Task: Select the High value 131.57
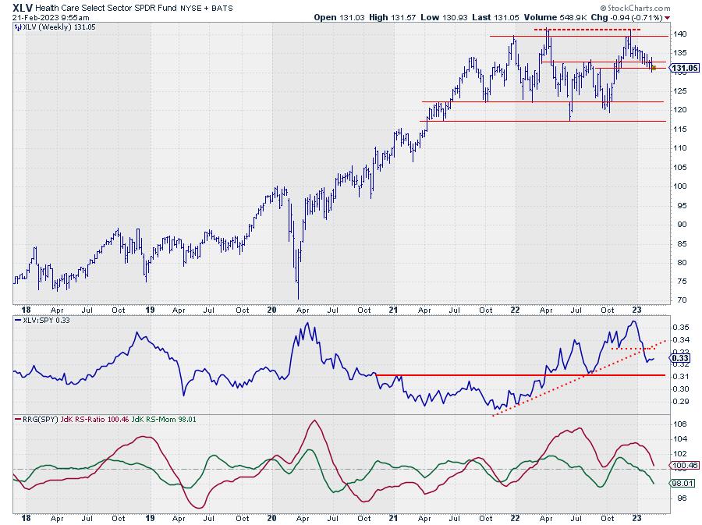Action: click(395, 17)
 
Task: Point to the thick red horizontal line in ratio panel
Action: click(515, 375)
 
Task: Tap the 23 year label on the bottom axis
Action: click(636, 517)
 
